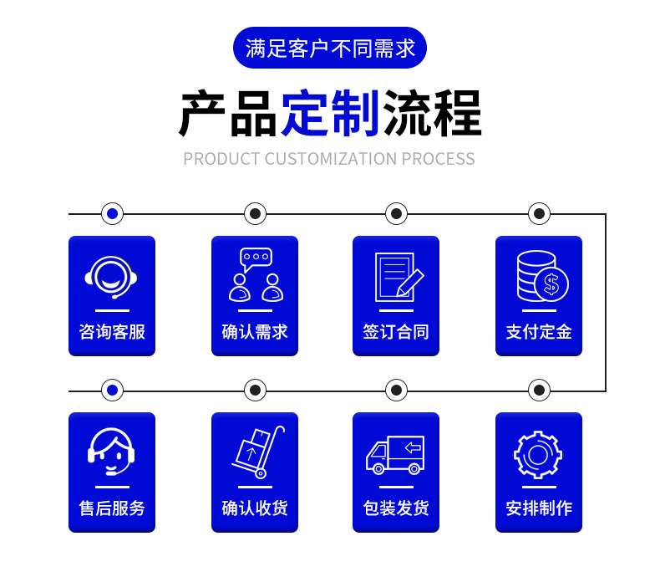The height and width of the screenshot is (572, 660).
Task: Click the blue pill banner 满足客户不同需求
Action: tap(330, 48)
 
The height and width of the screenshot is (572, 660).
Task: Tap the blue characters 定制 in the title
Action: tap(330, 113)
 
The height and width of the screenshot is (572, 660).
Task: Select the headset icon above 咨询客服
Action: tap(111, 276)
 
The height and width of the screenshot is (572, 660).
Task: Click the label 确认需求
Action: tap(254, 332)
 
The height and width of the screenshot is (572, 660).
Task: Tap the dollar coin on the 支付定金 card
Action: tap(551, 283)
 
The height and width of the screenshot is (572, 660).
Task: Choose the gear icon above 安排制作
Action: tap(538, 454)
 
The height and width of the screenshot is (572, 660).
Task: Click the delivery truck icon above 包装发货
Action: tap(395, 454)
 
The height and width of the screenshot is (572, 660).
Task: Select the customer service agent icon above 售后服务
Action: tap(111, 452)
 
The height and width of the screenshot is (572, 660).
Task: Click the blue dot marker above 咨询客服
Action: tap(112, 214)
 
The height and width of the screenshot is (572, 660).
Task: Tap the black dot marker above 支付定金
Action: tap(539, 214)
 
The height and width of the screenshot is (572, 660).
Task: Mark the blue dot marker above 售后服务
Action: tap(112, 391)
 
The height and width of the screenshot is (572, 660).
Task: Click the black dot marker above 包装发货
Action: tap(396, 391)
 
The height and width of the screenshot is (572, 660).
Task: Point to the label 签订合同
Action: tap(396, 332)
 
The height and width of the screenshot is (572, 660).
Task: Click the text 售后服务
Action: tap(112, 508)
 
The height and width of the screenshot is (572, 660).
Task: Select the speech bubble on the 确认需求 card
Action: tap(256, 258)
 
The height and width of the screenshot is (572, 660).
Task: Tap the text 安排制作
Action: tap(539, 508)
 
